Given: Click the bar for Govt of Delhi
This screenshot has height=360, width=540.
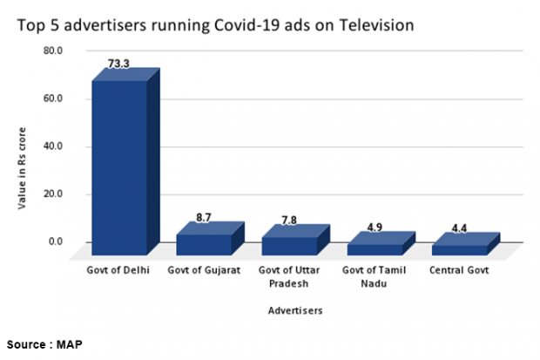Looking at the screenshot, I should point(119,166).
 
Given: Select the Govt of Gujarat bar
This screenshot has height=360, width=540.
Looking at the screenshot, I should point(204,244).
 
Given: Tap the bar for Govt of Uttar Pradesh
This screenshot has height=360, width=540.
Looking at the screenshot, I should point(288,245).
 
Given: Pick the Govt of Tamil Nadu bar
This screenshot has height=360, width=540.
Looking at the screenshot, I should point(373,248).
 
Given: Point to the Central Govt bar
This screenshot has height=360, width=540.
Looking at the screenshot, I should point(458,249).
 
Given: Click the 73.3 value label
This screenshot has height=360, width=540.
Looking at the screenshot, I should point(119,64).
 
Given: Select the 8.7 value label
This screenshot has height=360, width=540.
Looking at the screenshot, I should point(203,217).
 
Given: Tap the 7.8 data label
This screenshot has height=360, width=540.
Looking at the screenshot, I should point(288,220).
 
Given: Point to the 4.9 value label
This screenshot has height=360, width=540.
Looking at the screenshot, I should point(374,228).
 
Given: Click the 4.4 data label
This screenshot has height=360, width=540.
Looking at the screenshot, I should point(458,229).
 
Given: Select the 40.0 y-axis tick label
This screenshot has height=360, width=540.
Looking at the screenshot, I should point(53,146).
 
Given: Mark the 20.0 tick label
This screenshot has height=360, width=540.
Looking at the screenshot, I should point(53,194).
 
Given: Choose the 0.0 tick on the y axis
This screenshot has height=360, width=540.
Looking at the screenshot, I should point(56,241).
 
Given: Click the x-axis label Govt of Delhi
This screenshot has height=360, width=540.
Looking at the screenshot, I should point(118,270).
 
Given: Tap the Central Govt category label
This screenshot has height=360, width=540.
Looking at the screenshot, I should point(459,270).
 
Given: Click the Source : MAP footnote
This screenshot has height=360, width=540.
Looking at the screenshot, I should point(47,344).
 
